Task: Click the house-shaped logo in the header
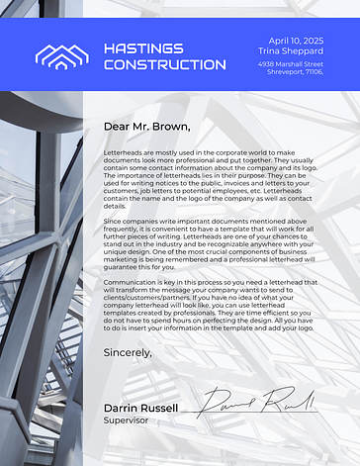(61, 55)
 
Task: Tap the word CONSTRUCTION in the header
(164, 64)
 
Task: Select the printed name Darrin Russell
(140, 408)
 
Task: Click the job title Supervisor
(124, 419)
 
